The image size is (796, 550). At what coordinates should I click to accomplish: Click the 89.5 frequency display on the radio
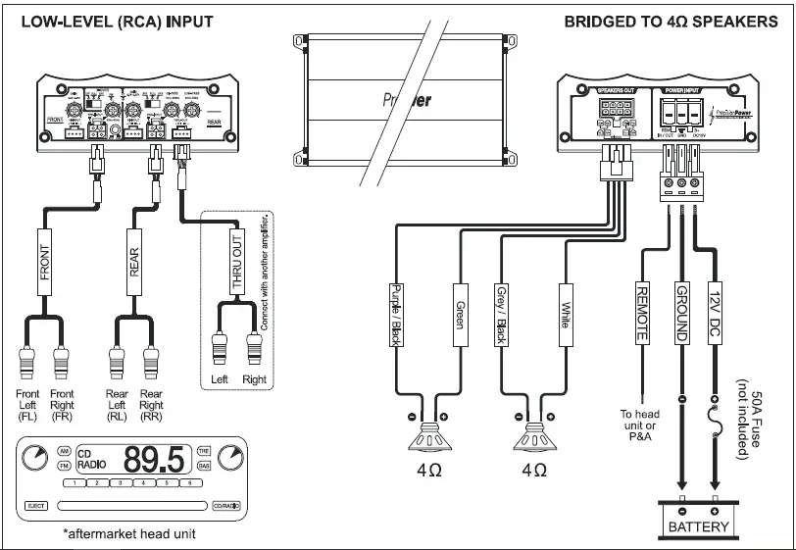(x=156, y=458)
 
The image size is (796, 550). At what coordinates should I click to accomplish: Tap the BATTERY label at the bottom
(x=699, y=526)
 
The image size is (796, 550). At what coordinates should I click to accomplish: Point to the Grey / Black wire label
(x=500, y=317)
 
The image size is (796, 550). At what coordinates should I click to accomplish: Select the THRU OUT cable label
(x=237, y=262)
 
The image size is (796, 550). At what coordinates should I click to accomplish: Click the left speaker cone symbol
(x=428, y=435)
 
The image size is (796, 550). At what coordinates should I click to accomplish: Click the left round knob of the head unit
(x=35, y=456)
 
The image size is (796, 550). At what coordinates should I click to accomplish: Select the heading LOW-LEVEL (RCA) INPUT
(x=110, y=20)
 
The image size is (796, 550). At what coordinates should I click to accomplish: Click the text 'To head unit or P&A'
(x=642, y=425)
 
